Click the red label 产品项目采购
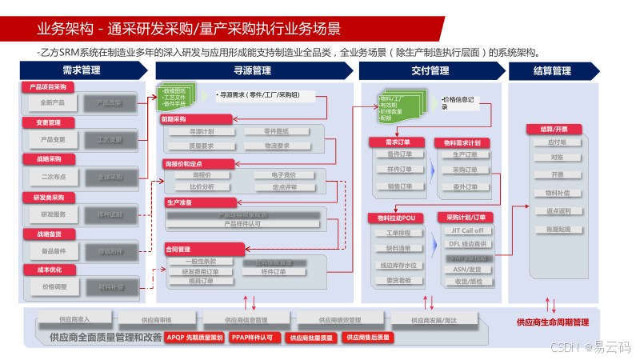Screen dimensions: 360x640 (x=48, y=86)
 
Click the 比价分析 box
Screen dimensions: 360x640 (x=202, y=186)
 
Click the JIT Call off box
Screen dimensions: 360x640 (x=467, y=231)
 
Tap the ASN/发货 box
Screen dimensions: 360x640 (x=467, y=270)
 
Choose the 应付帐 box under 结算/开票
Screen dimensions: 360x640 (x=557, y=142)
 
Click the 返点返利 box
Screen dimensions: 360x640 (x=558, y=211)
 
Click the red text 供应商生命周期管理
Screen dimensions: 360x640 (x=552, y=322)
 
